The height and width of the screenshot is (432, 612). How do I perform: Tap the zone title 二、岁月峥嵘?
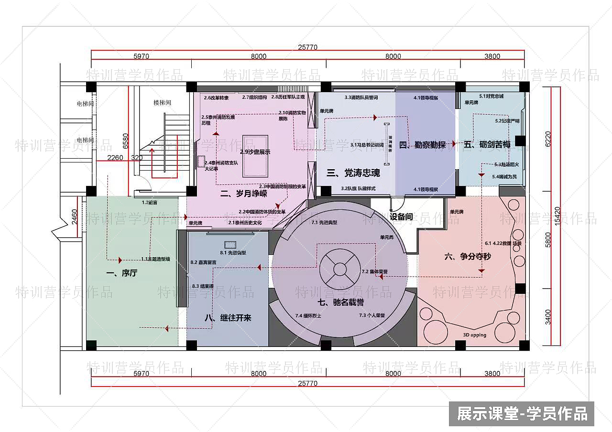(x=243, y=194)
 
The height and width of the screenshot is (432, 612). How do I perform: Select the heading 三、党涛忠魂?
(x=353, y=173)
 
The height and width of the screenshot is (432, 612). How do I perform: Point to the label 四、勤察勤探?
(x=423, y=145)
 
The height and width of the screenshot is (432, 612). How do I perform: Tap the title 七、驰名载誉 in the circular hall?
(x=340, y=302)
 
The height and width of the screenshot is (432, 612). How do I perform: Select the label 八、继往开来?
(x=228, y=318)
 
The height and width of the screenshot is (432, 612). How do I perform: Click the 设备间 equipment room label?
(x=401, y=216)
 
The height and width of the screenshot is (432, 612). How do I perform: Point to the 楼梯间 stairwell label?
(x=162, y=103)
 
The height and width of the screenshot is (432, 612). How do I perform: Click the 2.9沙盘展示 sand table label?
(x=255, y=152)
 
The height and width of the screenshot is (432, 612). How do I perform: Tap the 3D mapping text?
(x=474, y=335)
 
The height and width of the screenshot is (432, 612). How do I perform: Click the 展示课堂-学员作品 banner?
(x=522, y=413)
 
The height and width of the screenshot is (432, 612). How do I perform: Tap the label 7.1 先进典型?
(x=324, y=223)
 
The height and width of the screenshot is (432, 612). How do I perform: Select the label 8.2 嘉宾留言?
(x=203, y=262)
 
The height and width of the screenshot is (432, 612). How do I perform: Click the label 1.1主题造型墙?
(x=155, y=259)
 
